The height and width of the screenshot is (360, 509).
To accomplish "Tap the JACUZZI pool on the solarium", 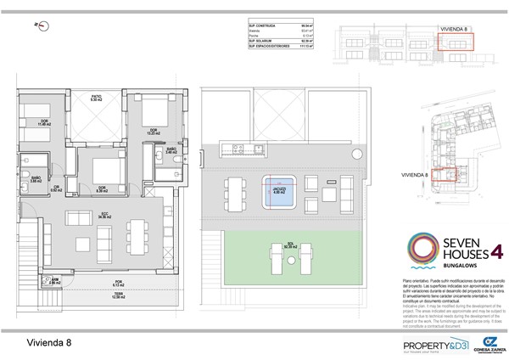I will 277,189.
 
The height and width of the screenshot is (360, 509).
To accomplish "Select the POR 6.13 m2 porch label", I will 95,284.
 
